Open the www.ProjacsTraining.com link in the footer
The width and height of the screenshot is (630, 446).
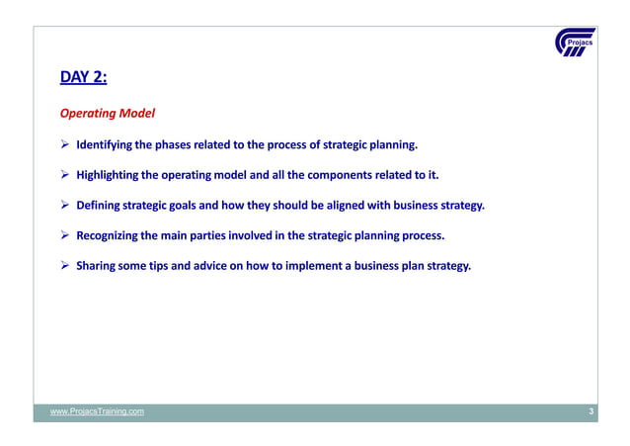98,411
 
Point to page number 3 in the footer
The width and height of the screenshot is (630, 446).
591,411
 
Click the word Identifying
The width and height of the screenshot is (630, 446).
105,147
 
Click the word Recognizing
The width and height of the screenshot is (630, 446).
110,236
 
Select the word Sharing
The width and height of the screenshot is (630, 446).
98,266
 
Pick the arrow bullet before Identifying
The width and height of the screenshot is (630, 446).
66,147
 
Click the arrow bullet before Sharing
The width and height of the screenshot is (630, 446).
66,266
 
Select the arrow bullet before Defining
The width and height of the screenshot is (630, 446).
66,207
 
